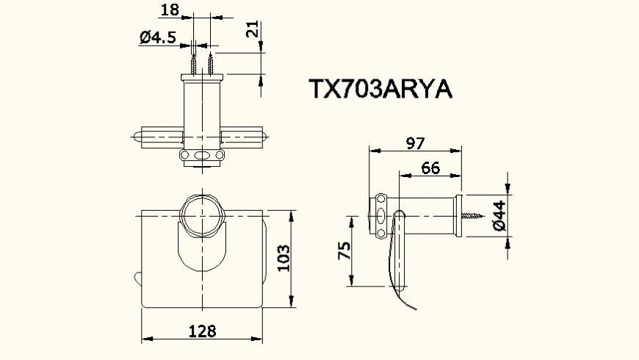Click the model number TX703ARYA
[380, 89]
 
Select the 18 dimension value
[170, 10]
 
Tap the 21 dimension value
[253, 30]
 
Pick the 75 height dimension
[343, 251]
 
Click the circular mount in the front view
[202, 215]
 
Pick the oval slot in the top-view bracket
[201, 156]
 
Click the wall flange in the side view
[458, 217]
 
